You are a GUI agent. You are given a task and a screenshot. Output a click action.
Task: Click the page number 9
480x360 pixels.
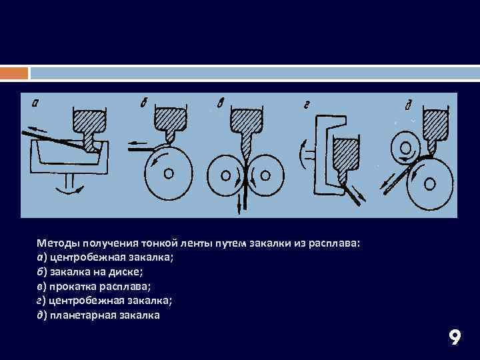tap(455, 337)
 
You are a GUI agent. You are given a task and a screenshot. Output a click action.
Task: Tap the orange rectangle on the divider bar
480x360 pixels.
tap(14, 73)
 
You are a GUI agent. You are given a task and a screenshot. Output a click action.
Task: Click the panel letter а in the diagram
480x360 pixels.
tap(35, 104)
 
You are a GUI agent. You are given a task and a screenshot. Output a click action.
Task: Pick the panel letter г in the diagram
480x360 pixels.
tap(307, 106)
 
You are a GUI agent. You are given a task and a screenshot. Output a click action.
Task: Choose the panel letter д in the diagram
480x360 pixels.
tap(409, 105)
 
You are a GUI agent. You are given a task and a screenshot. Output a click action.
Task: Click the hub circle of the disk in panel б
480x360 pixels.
tap(169, 173)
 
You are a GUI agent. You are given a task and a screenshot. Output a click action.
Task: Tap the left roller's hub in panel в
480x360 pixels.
tap(225, 176)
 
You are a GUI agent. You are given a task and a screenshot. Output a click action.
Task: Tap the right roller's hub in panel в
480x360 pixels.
tap(265, 176)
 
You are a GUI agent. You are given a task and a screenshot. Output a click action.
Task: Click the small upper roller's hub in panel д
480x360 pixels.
tap(405, 149)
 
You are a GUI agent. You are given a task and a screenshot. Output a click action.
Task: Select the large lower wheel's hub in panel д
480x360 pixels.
tap(429, 184)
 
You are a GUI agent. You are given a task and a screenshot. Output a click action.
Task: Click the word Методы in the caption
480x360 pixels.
tap(59, 243)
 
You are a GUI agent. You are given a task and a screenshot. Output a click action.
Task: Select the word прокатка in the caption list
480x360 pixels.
tap(73, 287)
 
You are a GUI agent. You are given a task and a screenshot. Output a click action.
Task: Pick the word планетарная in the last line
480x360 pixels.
tap(83, 315)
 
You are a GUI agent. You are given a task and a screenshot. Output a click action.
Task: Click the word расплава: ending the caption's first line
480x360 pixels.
tap(334, 244)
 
